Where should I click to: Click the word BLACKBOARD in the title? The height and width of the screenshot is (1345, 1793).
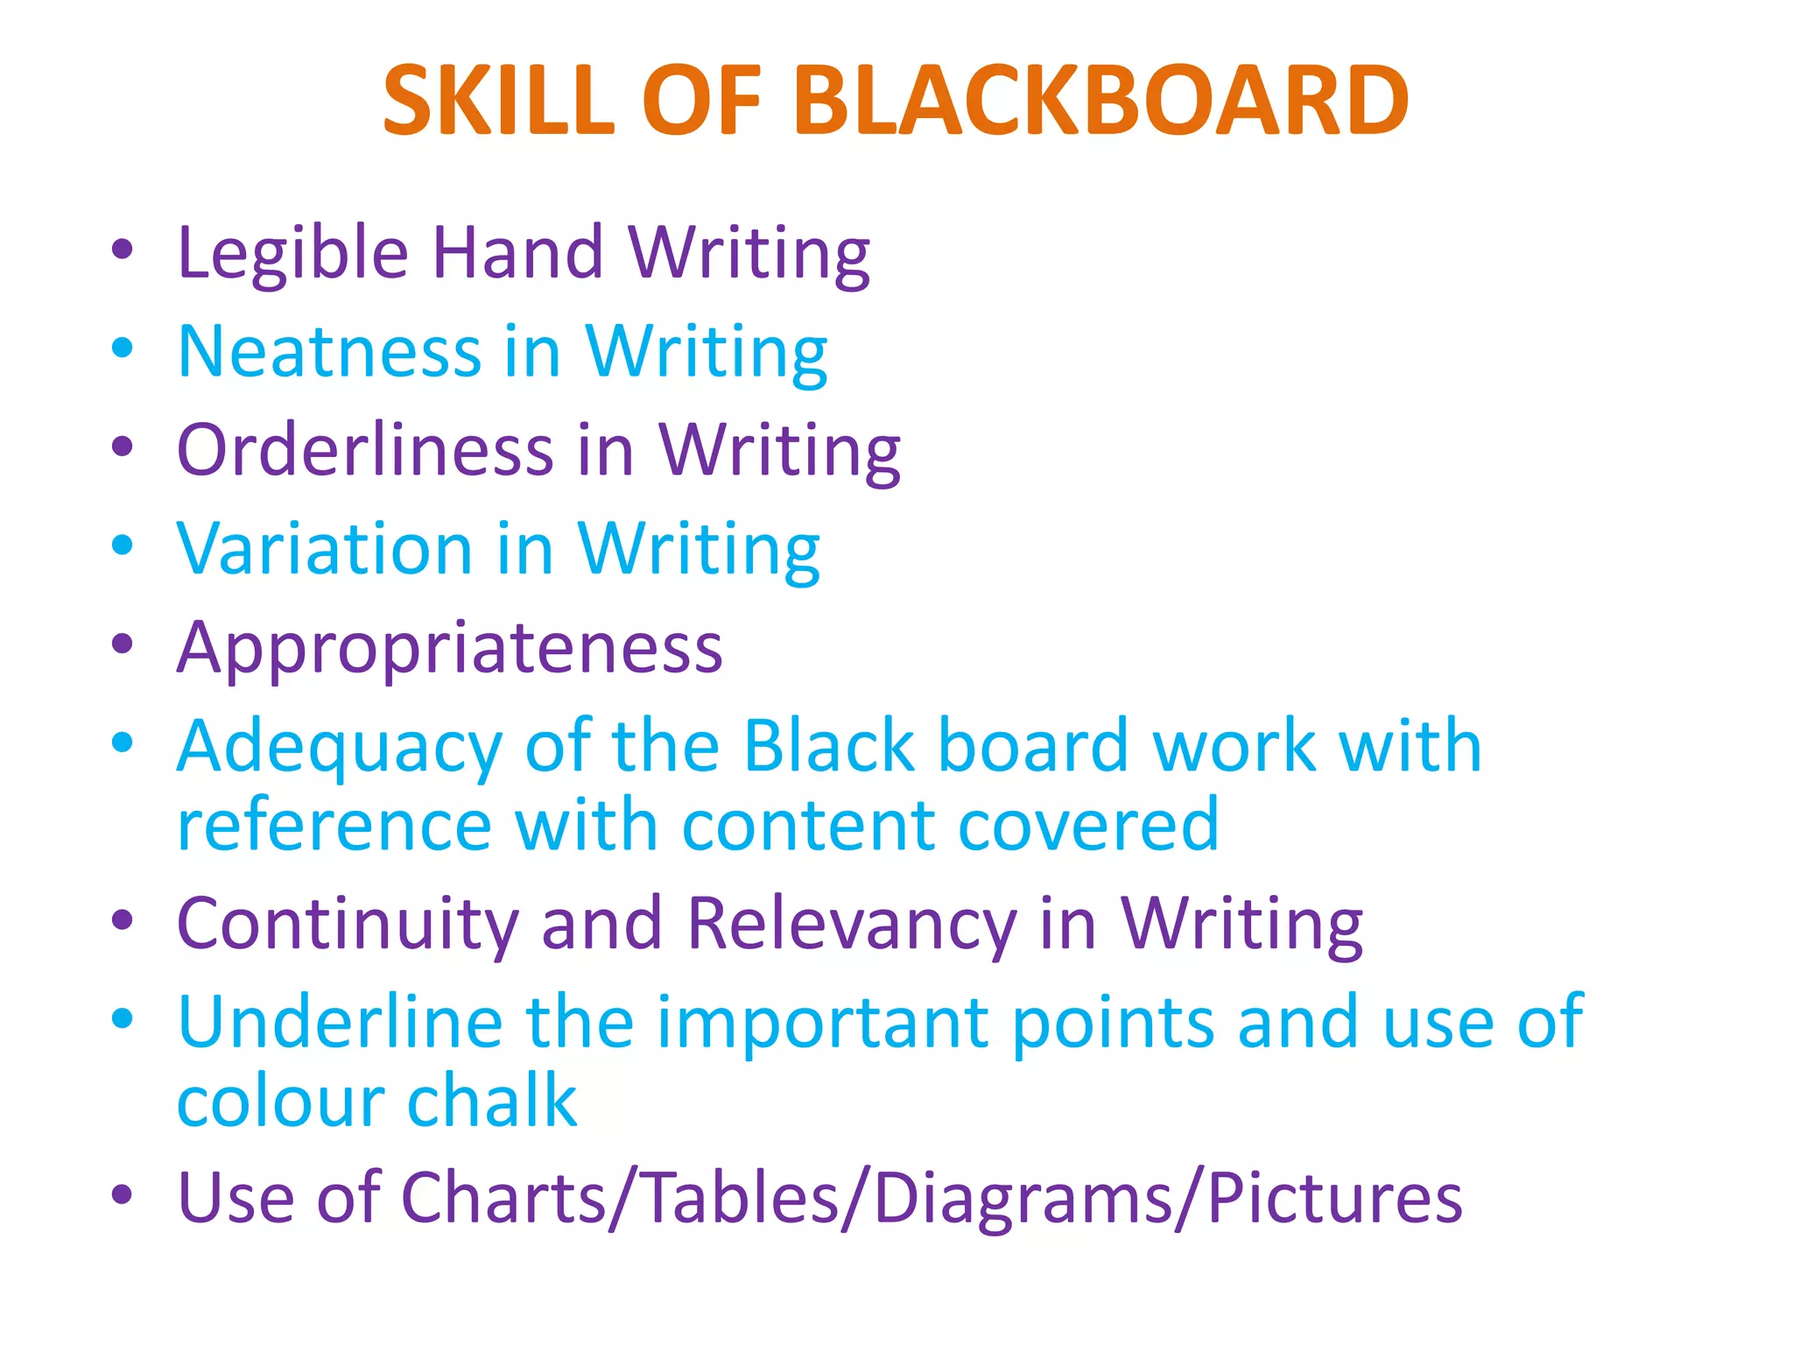pos(1100,102)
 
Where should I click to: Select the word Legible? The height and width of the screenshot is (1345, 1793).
pos(292,254)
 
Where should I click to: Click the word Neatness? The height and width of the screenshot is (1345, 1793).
pos(329,352)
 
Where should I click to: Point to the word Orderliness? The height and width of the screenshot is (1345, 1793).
pos(365,450)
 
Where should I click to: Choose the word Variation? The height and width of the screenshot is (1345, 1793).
pos(325,549)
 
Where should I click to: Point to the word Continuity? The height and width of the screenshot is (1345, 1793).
pos(348,926)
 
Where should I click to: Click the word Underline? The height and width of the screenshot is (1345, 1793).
pos(340,1023)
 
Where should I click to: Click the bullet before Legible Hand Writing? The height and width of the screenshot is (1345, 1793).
pos(123,249)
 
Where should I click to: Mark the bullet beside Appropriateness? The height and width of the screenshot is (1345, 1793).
pos(123,644)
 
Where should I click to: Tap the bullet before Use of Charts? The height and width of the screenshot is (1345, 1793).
pos(123,1194)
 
